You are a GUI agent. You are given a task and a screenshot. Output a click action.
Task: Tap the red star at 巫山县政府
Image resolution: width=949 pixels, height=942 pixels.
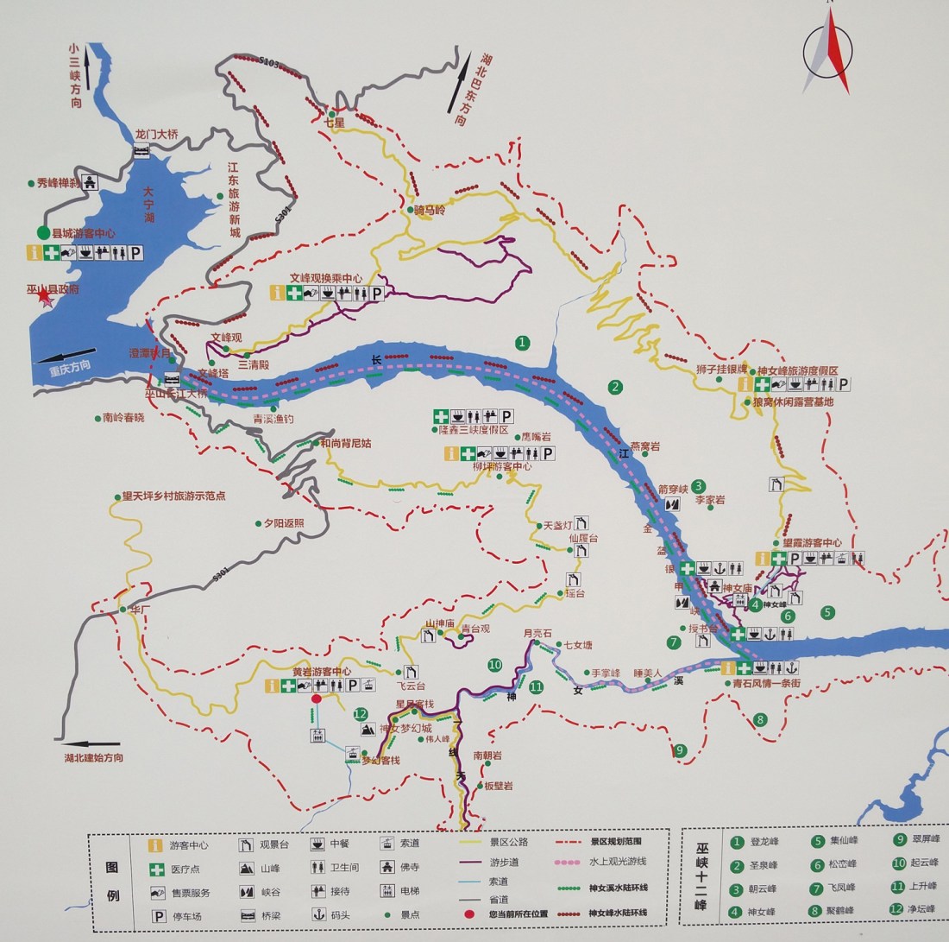(x=44, y=297)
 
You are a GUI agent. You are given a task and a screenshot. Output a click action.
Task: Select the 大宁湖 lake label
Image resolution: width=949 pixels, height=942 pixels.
(x=148, y=205)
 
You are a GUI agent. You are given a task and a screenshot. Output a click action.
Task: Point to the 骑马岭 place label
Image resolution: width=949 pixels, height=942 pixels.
(x=429, y=211)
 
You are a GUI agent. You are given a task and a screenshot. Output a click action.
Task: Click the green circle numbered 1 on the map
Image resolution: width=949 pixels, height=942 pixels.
(x=522, y=343)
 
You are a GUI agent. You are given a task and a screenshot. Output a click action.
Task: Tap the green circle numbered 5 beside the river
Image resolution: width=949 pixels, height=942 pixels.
(x=828, y=612)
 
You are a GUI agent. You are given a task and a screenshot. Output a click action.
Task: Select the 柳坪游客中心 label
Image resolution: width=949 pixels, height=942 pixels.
(x=502, y=466)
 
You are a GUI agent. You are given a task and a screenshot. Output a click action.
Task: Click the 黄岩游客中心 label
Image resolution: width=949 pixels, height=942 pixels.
(x=321, y=671)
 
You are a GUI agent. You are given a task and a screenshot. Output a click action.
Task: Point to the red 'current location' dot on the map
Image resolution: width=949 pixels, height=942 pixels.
(x=317, y=699)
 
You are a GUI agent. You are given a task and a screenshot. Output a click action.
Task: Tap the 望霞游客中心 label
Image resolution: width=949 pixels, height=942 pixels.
(x=812, y=543)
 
